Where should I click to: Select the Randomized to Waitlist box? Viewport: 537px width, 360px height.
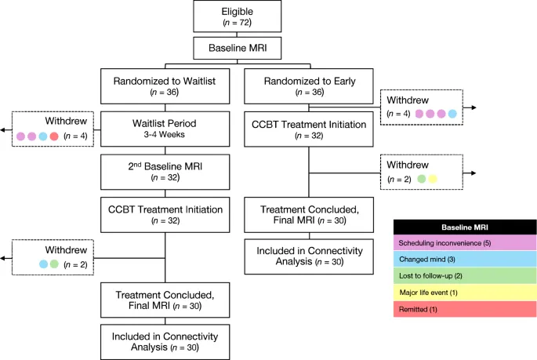[x=165, y=85]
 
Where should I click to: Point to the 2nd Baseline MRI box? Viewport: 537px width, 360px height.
[x=165, y=170]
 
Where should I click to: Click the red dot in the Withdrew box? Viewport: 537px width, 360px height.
[x=54, y=136]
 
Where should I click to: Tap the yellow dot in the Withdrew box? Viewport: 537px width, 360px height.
[x=433, y=179]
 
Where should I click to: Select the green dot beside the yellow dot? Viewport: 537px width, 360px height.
[x=421, y=179]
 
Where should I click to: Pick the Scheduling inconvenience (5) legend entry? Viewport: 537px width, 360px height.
[x=464, y=244]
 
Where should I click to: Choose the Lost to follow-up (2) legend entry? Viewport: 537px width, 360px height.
[x=464, y=277]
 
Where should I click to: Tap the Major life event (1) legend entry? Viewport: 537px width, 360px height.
[x=464, y=293]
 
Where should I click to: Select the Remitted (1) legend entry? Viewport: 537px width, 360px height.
[x=464, y=310]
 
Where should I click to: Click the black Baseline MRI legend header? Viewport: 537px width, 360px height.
[x=464, y=227]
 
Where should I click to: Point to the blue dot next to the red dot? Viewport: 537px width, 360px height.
[x=42, y=136]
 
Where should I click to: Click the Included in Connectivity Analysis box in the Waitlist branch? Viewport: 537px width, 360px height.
[x=165, y=340]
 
